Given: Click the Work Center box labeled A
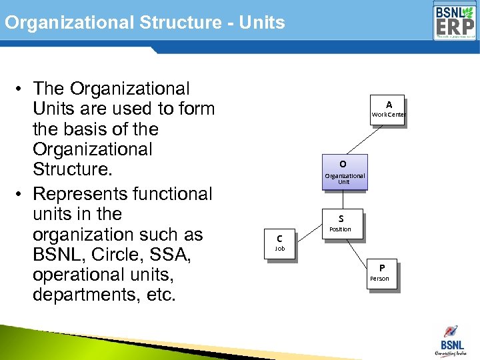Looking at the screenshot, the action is tap(389, 110).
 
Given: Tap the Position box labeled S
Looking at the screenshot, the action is tap(341, 224).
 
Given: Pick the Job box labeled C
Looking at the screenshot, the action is tap(279, 243).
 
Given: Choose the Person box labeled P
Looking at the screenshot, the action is tap(381, 273).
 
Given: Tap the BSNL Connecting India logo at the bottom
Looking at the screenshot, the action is tap(450, 341).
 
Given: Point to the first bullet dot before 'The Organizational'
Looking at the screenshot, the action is tap(22, 89).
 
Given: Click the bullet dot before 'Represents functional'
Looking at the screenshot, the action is tap(22, 195).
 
